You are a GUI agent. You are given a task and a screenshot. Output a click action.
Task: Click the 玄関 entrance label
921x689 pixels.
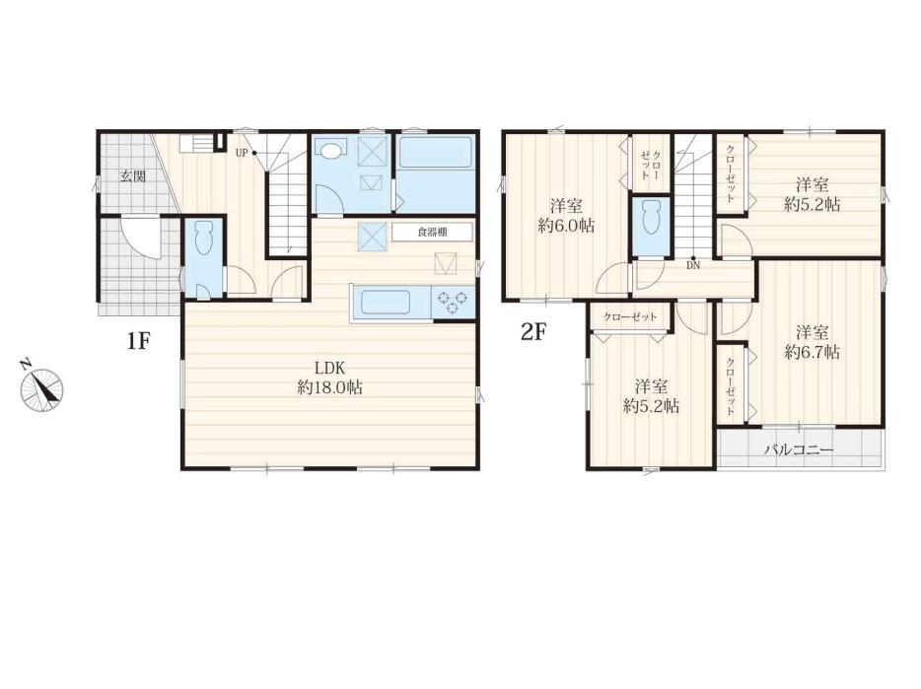tap(133, 175)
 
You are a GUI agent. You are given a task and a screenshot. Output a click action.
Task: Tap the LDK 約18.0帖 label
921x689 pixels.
tap(329, 378)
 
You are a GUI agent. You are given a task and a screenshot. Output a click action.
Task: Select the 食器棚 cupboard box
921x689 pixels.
tap(432, 232)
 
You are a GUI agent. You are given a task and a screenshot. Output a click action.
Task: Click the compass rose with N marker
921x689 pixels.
tap(41, 387)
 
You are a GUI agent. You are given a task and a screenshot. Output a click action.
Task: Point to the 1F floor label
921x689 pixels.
tap(139, 341)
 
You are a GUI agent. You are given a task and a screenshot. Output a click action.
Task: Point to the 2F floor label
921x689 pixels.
tap(533, 333)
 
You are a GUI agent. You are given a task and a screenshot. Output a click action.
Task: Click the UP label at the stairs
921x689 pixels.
tap(242, 154)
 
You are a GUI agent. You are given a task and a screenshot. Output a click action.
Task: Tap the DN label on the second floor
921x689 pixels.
tap(693, 265)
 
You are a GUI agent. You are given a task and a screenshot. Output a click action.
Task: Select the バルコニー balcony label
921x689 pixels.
tap(799, 450)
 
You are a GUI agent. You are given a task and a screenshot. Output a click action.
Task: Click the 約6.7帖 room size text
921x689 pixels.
tap(813, 352)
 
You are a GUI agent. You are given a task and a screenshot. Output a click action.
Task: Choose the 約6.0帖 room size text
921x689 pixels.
tap(566, 225)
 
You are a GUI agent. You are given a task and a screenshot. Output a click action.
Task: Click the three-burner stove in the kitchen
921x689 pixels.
tap(454, 303)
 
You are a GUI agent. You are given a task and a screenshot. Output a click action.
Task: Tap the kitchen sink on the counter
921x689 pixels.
tap(391, 303)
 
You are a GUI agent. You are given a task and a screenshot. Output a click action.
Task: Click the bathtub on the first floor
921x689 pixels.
tap(436, 152)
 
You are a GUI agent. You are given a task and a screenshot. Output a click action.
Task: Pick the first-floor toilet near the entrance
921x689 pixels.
tap(204, 237)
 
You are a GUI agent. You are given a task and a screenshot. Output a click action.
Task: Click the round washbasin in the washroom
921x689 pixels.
tap(332, 151)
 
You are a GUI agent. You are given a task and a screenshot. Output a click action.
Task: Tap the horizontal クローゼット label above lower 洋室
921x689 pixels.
tap(630, 317)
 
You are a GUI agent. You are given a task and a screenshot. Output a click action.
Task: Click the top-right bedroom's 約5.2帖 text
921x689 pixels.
tap(813, 204)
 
